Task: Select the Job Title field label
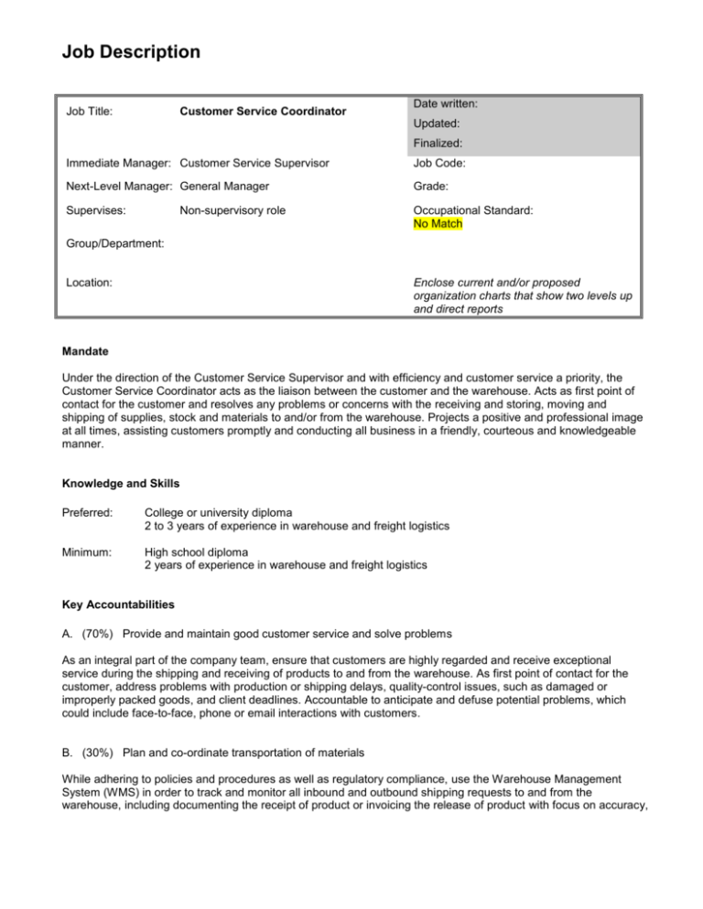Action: pyautogui.click(x=88, y=112)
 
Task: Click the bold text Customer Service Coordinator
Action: pyautogui.click(x=263, y=112)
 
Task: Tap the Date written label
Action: pyautogui.click(x=449, y=105)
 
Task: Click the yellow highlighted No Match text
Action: pyautogui.click(x=438, y=223)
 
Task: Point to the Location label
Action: pyautogui.click(x=90, y=283)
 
